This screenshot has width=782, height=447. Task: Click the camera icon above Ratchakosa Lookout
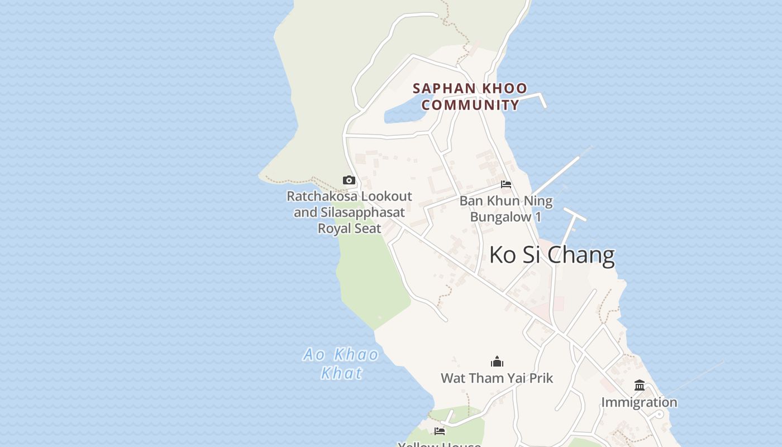349,180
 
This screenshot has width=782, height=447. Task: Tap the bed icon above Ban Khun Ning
506,184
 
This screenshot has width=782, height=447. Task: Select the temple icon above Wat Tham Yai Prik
497,362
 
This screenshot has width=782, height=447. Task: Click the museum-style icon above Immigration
640,386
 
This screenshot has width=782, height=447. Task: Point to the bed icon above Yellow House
440,431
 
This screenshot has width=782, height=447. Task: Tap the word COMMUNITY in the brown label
470,105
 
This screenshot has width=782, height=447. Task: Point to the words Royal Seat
350,228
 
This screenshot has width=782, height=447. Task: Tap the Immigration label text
639,402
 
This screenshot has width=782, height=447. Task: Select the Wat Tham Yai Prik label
497,378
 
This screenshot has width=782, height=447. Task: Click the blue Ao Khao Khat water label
341,363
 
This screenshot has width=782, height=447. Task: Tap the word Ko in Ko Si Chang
502,255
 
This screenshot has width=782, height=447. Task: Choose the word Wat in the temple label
453,378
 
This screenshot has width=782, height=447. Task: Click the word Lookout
385,196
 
